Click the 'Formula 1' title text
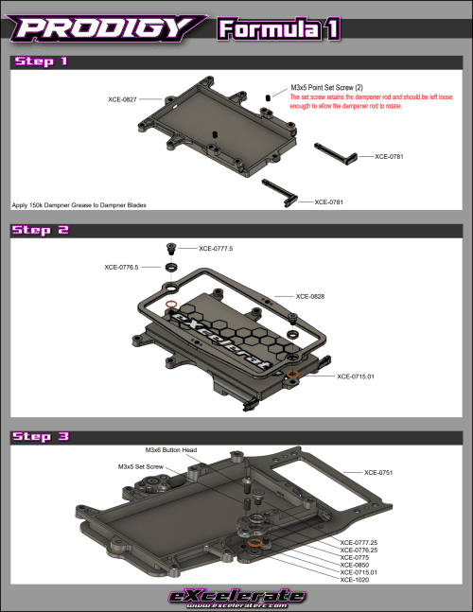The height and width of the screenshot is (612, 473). pos(277,28)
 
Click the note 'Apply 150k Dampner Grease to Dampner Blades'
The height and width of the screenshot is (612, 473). pos(79,204)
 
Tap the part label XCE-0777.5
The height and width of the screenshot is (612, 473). pos(216,249)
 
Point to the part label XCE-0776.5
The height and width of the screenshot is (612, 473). pos(122,268)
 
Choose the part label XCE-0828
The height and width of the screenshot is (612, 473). pos(311,296)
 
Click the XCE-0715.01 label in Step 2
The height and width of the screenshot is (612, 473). pos(357,376)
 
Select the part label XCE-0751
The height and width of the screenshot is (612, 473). pos(379,471)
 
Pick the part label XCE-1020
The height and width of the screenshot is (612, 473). pos(355,579)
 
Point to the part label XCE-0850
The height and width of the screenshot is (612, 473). pos(355,565)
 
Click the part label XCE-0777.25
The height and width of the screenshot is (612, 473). pos(359,543)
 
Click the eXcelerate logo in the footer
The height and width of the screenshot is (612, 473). pos(236,596)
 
